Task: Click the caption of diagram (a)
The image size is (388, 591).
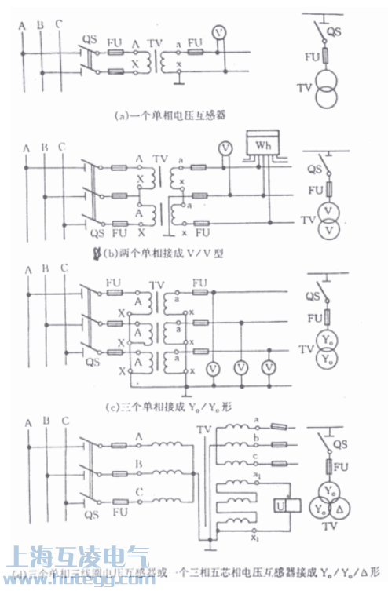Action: [170, 115]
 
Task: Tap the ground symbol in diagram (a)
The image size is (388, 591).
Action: [180, 78]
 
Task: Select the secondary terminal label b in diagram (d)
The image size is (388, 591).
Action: [257, 438]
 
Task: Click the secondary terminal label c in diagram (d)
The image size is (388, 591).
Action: [257, 457]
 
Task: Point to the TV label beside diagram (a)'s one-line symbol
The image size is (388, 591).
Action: [301, 88]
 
